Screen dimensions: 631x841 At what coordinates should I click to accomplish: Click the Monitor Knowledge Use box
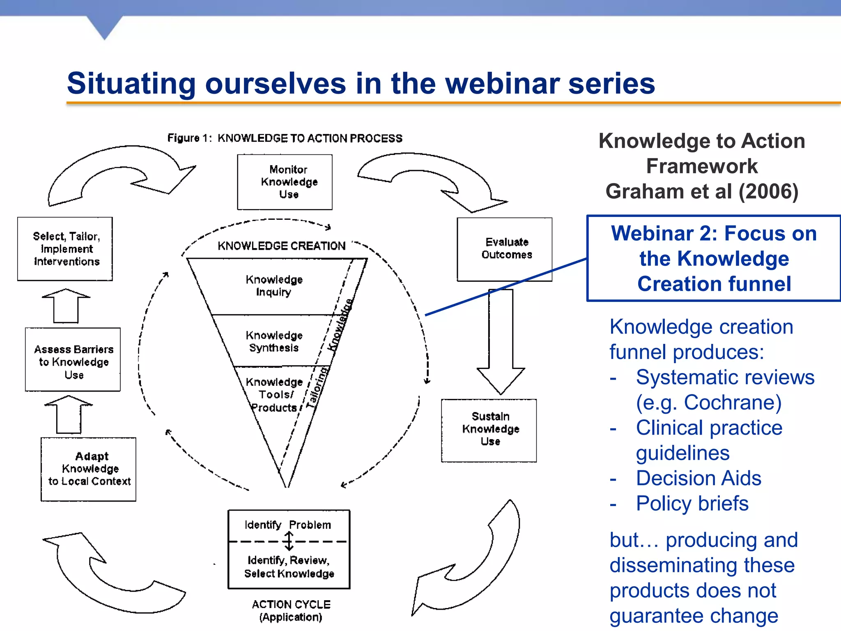coord(285,182)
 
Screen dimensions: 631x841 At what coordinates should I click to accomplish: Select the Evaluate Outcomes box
coord(504,249)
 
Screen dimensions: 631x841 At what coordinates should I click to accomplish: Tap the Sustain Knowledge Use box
coord(489,430)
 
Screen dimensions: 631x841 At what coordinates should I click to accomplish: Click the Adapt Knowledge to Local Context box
coord(88,469)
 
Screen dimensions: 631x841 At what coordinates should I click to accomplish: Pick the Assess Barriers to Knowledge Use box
coord(73,359)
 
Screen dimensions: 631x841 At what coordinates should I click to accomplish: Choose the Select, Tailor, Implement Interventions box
coord(65,249)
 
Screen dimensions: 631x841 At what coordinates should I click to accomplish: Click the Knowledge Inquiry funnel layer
coord(274,286)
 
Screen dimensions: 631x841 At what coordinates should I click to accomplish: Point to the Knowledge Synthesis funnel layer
coord(274,341)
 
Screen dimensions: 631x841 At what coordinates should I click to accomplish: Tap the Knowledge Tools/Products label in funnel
coord(274,395)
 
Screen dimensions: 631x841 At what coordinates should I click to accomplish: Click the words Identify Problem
coord(287,525)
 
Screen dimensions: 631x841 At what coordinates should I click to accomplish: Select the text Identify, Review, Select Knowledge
coord(289,567)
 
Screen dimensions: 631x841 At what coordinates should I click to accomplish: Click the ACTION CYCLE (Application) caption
coord(291,610)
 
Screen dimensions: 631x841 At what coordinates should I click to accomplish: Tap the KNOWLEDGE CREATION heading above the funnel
coord(281,246)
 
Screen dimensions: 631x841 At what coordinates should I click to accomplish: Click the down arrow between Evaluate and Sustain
coord(501,341)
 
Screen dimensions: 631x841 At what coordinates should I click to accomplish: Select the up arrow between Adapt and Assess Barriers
coord(69,414)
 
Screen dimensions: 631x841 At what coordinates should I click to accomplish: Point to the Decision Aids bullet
coord(698,478)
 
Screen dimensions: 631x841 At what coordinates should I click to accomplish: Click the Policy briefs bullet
coord(692,504)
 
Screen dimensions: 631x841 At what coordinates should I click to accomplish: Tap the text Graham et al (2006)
coord(701,191)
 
